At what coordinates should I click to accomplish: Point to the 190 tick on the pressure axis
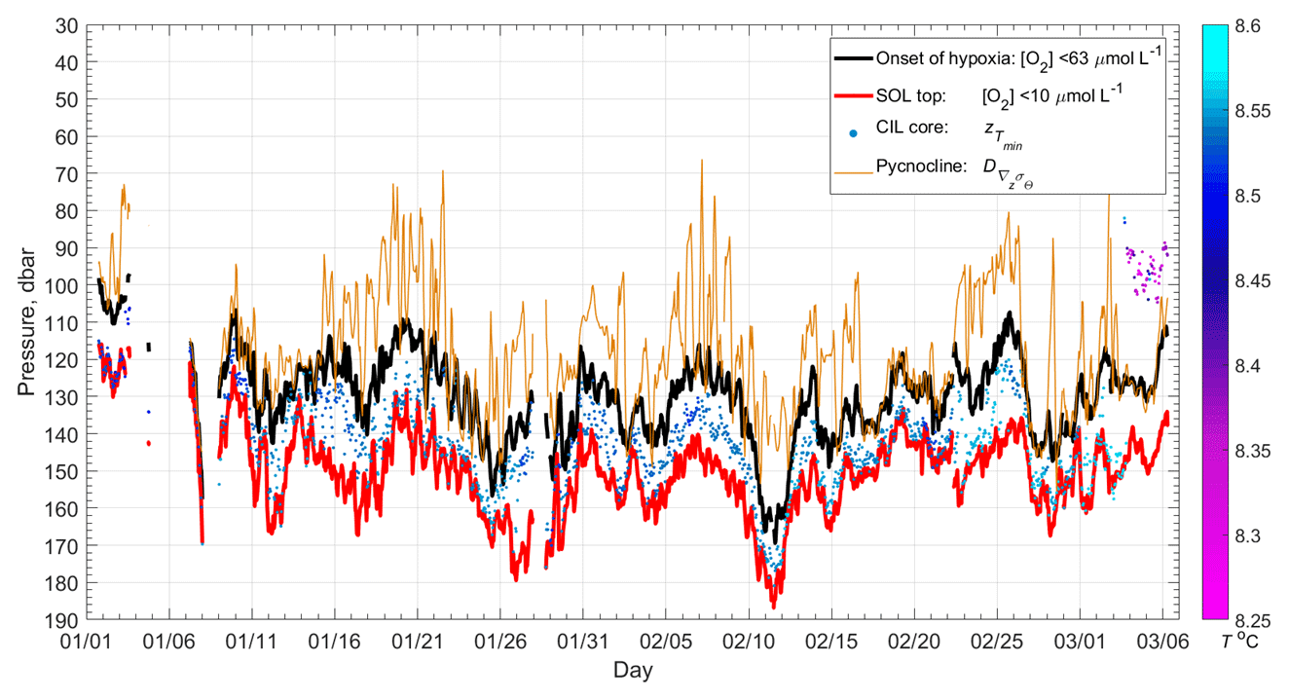click(x=65, y=619)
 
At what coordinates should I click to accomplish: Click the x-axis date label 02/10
click(x=749, y=642)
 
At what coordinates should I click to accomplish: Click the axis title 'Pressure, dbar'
click(x=26, y=322)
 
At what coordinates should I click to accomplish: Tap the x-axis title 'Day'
click(x=633, y=670)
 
